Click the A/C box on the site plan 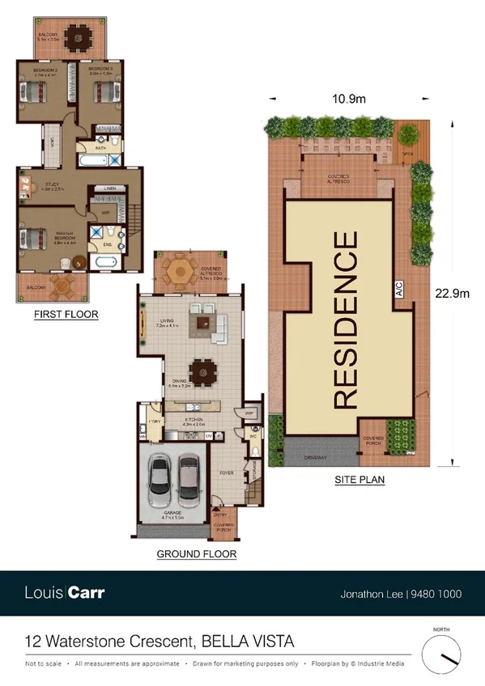[399, 295]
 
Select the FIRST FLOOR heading [66, 315]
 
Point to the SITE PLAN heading [359, 480]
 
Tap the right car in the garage [189, 476]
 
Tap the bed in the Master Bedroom [31, 239]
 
